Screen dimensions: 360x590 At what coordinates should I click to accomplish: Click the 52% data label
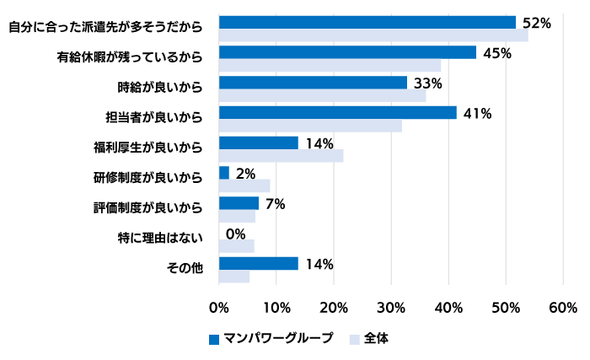[x=536, y=23]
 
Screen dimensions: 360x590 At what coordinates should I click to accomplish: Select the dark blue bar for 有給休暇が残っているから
[x=347, y=52]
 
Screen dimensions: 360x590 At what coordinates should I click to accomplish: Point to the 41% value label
[x=477, y=113]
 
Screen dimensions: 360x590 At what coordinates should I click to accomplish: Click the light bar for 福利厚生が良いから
[x=281, y=156]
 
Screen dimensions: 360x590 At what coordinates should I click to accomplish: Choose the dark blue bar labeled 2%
[x=224, y=173]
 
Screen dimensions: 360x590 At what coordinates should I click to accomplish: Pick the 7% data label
[x=275, y=203]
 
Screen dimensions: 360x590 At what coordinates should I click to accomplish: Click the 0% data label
[x=235, y=233]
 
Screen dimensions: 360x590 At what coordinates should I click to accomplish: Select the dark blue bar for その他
[x=258, y=263]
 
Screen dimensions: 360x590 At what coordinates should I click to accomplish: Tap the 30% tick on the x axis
[x=391, y=306]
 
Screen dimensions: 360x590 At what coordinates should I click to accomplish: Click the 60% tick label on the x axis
[x=563, y=306]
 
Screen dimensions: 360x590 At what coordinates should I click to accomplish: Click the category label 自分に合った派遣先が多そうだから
[x=105, y=27]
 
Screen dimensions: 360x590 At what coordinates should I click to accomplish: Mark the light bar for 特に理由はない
[x=237, y=246]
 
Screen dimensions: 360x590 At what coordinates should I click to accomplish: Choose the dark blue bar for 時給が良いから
[x=313, y=83]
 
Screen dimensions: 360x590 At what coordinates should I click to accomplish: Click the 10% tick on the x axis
[x=276, y=306]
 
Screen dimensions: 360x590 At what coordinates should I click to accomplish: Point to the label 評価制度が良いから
[x=147, y=207]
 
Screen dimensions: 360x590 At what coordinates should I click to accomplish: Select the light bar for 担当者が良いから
[x=310, y=126]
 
